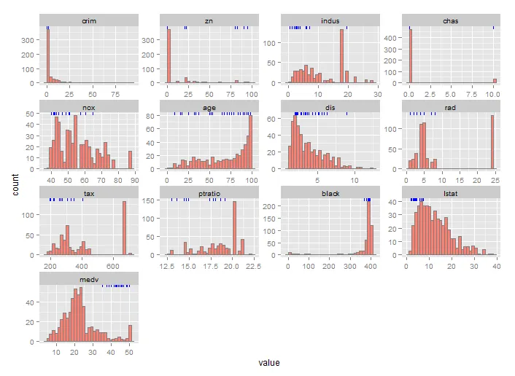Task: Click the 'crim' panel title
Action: tap(89, 21)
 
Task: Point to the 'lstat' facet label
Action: tap(450, 193)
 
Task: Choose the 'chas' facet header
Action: tap(450, 21)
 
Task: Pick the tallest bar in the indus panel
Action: tap(341, 56)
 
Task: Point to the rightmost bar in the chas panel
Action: tap(494, 81)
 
